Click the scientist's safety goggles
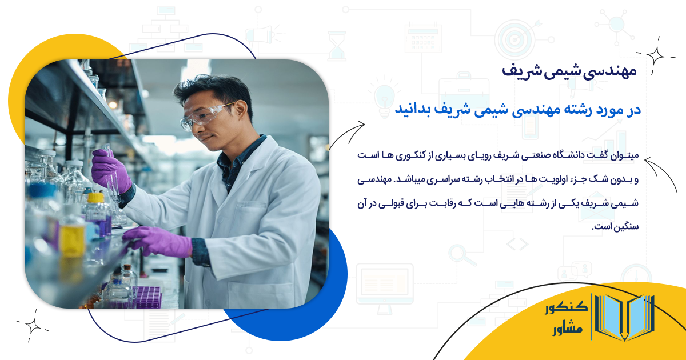206,116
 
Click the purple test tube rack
147,297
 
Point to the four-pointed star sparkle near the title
655,56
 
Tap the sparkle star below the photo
33,326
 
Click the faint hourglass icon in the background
337,45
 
